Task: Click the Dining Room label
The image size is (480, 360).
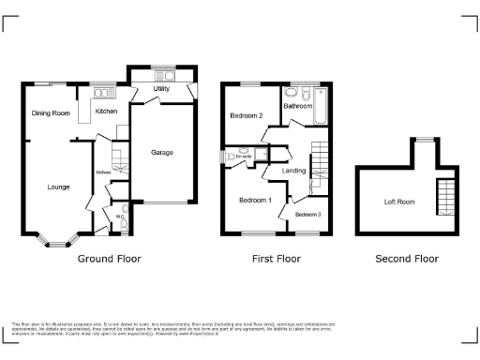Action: [x=51, y=113]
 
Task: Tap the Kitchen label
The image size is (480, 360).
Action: [x=105, y=112]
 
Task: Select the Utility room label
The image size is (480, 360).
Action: [x=161, y=89]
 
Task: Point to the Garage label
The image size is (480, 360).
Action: [x=162, y=152]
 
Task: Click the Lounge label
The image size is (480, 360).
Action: [x=59, y=187]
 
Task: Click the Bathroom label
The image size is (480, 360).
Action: [x=298, y=106]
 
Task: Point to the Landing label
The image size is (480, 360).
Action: [x=293, y=171]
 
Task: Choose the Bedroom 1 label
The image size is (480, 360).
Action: [x=254, y=200]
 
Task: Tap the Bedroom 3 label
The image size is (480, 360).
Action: [x=307, y=215]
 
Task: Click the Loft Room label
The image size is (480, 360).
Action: [x=398, y=202]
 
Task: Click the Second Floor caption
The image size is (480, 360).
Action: [x=406, y=258]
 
